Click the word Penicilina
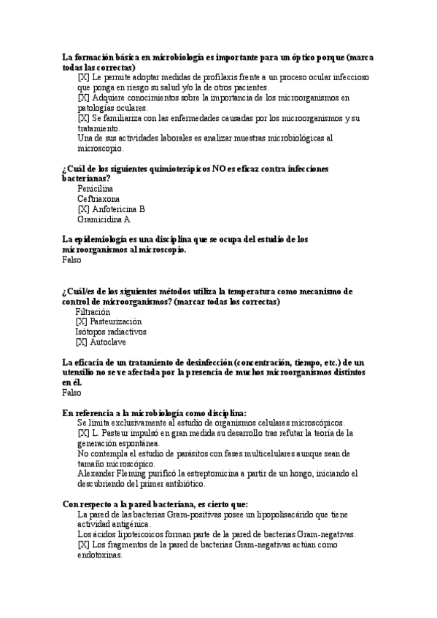95,188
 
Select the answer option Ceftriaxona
98,198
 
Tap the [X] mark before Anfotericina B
82,208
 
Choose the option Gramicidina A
104,219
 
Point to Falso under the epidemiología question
72,259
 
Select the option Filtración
93,311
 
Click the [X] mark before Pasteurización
80,321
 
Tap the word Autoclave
107,342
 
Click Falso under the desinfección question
72,393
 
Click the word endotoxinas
99,554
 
